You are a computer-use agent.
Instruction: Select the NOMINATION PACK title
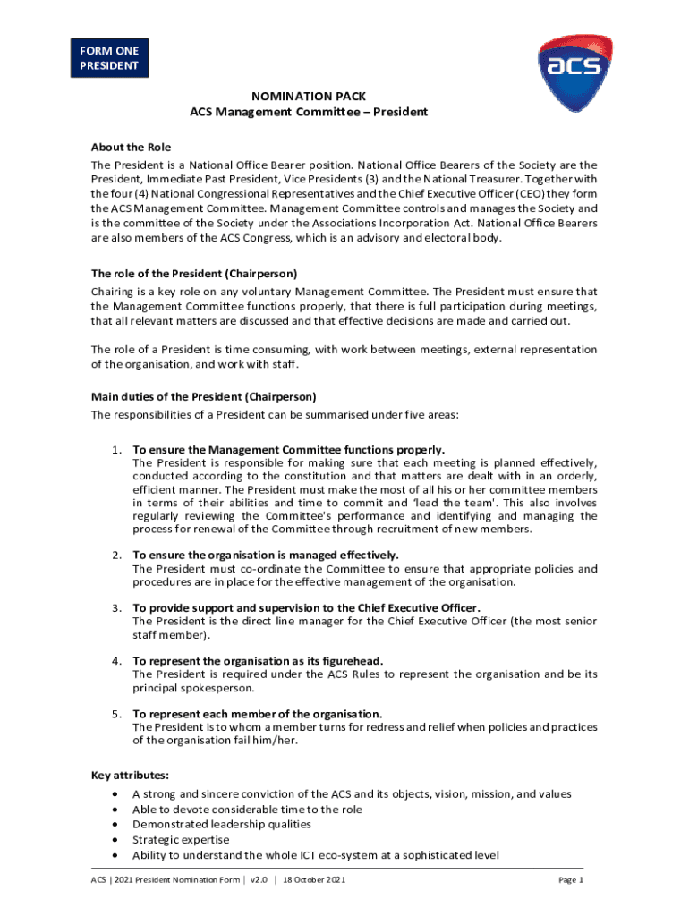(x=308, y=96)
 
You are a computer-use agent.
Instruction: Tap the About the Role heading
(x=131, y=147)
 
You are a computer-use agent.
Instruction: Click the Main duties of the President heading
(x=203, y=396)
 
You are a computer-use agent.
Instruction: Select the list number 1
(x=116, y=450)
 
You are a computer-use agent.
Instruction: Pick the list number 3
(x=116, y=608)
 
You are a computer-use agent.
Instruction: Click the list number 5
(x=116, y=714)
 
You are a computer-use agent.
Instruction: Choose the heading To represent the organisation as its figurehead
(x=258, y=661)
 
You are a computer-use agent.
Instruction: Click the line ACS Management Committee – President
(x=309, y=112)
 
